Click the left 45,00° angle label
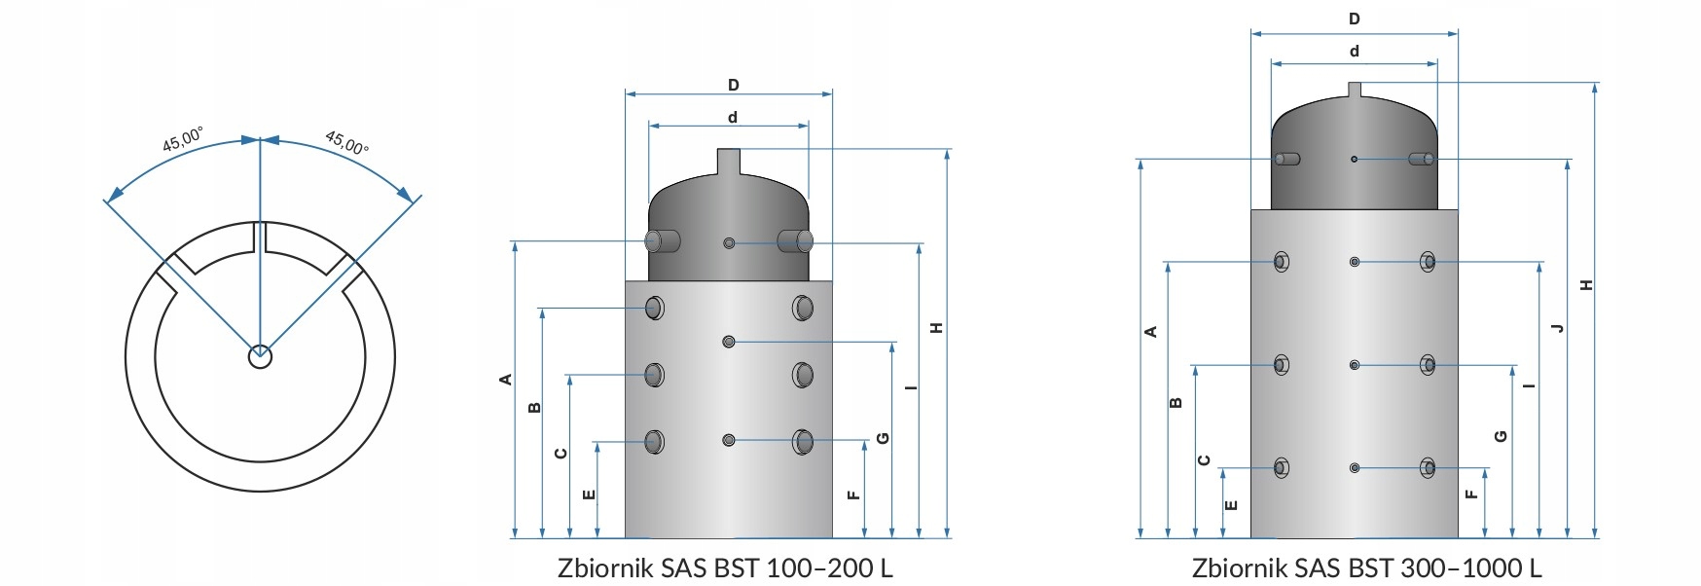(x=182, y=139)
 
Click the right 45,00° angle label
(x=346, y=143)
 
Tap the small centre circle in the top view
(x=260, y=356)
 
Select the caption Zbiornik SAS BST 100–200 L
(x=725, y=568)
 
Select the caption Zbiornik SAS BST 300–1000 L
(x=1366, y=568)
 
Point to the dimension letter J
(x=1558, y=328)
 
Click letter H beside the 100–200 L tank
(x=937, y=328)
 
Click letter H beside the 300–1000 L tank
(x=1586, y=285)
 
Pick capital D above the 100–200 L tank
(x=734, y=86)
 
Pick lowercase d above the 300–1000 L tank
(x=1354, y=52)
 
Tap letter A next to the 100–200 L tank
(x=506, y=379)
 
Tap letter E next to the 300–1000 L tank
(x=1231, y=505)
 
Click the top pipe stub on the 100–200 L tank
(x=728, y=162)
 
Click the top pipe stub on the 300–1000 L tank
(x=1354, y=91)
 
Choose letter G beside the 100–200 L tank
(x=883, y=438)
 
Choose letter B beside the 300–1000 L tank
(x=1176, y=402)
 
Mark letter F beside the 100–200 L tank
(x=853, y=494)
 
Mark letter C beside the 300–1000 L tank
(x=1204, y=459)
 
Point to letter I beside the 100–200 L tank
(x=910, y=387)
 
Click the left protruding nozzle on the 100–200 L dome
(x=662, y=240)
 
